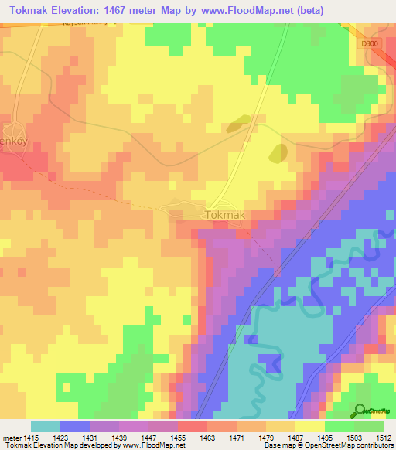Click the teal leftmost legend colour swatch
[x=46, y=425]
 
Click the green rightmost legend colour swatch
[x=369, y=425]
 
